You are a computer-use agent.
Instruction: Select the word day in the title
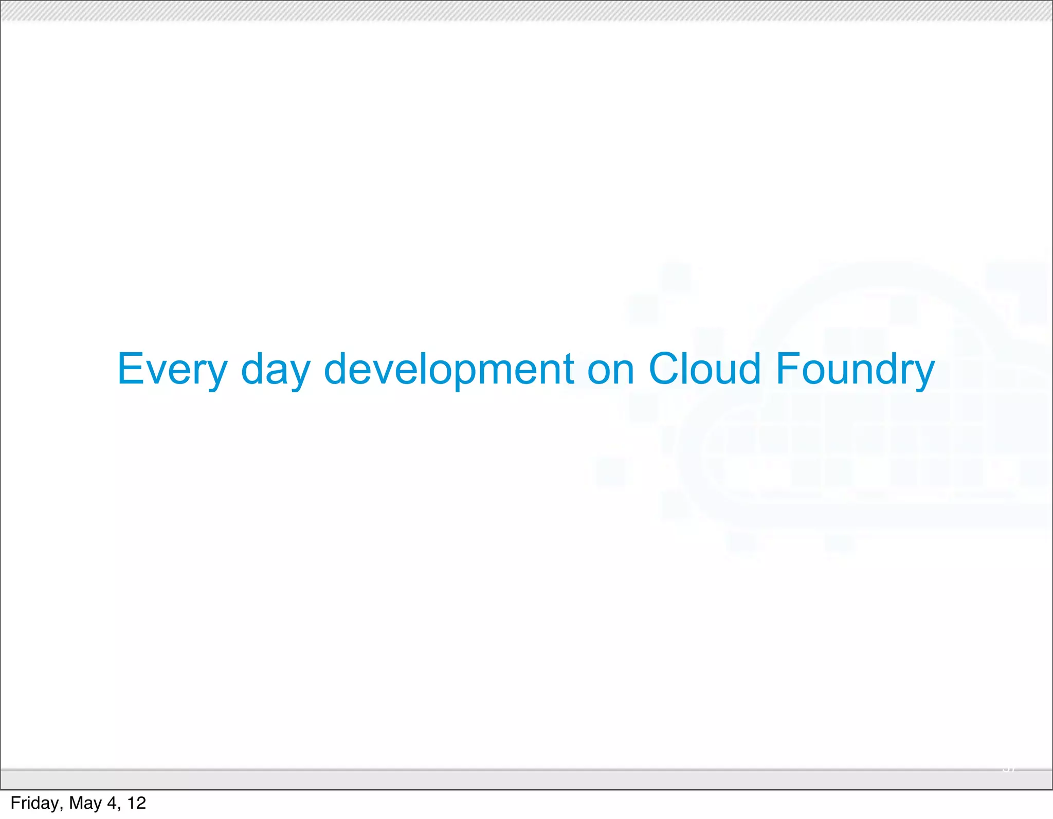point(276,369)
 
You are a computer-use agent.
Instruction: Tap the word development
point(448,369)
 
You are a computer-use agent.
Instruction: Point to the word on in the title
point(610,369)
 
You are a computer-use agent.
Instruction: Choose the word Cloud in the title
point(704,369)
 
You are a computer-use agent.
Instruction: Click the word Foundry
point(855,369)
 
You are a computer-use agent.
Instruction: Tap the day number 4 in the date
point(112,803)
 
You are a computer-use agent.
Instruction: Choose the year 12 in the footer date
point(136,803)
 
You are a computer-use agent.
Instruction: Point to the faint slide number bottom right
point(1009,769)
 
